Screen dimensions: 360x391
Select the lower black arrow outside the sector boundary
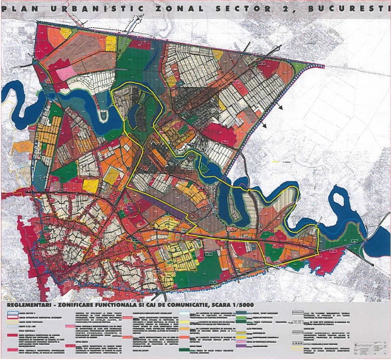pyautogui.click(x=265, y=126)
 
